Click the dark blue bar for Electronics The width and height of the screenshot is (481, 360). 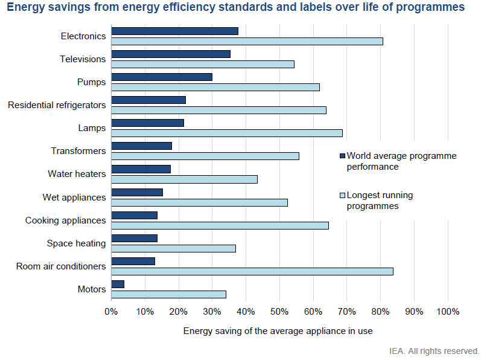[174, 31]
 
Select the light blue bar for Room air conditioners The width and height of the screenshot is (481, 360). [252, 271]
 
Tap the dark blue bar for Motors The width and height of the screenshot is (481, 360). [118, 284]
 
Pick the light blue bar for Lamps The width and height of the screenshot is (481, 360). [227, 133]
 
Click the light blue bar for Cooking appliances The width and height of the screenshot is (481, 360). [220, 225]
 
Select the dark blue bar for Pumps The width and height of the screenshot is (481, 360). [162, 77]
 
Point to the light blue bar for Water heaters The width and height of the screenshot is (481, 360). [184, 179]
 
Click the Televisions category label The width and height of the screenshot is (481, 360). [83, 59]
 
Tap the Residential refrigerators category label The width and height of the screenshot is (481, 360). [57, 105]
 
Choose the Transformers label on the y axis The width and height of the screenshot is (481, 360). [78, 151]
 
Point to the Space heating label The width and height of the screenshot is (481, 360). [76, 243]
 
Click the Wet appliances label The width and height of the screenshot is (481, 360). [74, 198]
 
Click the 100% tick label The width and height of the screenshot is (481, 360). [447, 312]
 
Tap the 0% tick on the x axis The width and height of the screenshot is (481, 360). [112, 312]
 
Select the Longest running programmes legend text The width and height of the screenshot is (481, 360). [380, 201]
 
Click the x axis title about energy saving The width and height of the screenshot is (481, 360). [278, 331]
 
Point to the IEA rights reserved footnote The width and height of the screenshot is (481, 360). [434, 350]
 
